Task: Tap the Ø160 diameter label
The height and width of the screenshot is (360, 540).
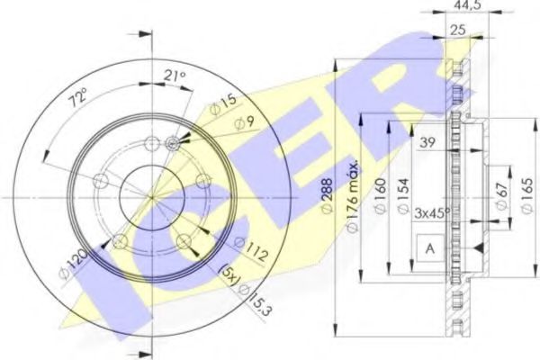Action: (382, 192)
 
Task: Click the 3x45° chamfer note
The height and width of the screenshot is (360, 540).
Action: (434, 213)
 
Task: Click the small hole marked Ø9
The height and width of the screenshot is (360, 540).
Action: (175, 141)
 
